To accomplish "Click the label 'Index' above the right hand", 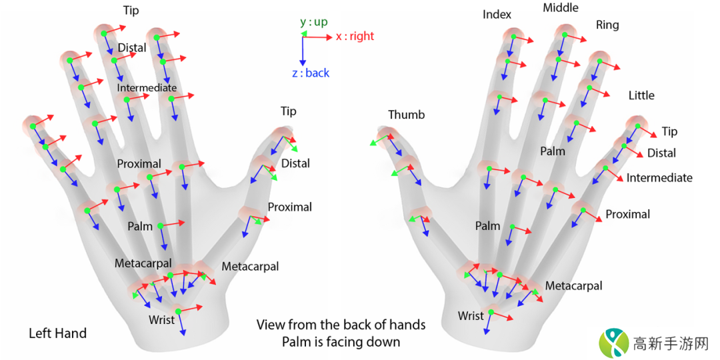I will coord(497,15).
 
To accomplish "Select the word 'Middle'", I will coord(561,8).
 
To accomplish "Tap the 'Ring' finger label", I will coord(607,25).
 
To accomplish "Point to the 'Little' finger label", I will coord(641,95).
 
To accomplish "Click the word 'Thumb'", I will coord(406,115).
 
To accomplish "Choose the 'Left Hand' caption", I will coord(57,333).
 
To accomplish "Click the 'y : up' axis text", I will coord(313,22).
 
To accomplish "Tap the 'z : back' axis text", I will coord(311,73).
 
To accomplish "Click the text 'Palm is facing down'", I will coord(341,342).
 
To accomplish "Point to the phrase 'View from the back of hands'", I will coord(341,325).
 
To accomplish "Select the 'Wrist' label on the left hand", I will coord(161,319).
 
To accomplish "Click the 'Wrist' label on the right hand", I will coord(471,315).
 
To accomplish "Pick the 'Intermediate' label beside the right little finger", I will coord(659,178).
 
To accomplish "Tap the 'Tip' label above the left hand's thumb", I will coord(288,111).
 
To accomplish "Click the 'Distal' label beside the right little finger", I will coord(661,153).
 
